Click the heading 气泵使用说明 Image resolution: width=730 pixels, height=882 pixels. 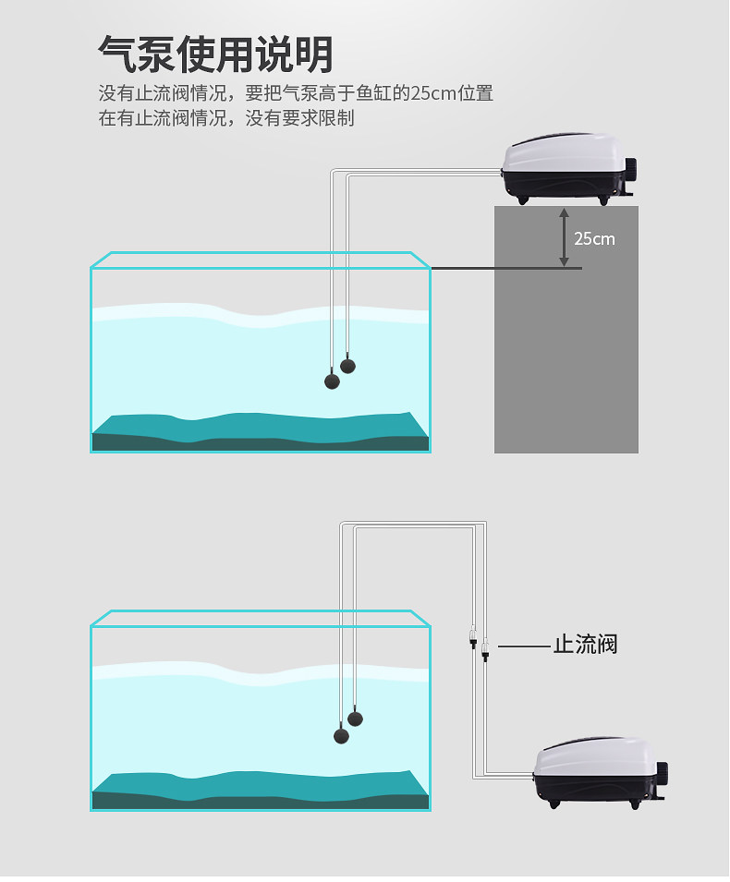215,54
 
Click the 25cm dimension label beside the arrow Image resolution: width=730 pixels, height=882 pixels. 594,238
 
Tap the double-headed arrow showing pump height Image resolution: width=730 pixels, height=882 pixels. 563,237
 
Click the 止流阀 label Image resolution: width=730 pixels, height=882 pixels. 585,644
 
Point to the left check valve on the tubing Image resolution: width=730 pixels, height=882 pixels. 471,638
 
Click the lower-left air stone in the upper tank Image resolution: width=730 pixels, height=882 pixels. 332,380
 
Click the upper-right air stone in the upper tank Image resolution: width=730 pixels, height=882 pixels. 347,365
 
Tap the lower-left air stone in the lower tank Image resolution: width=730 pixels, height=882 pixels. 341,735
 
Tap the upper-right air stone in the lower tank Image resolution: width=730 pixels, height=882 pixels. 356,719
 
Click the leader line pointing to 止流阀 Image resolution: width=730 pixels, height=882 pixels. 523,645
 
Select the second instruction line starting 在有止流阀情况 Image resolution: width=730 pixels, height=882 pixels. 226,118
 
